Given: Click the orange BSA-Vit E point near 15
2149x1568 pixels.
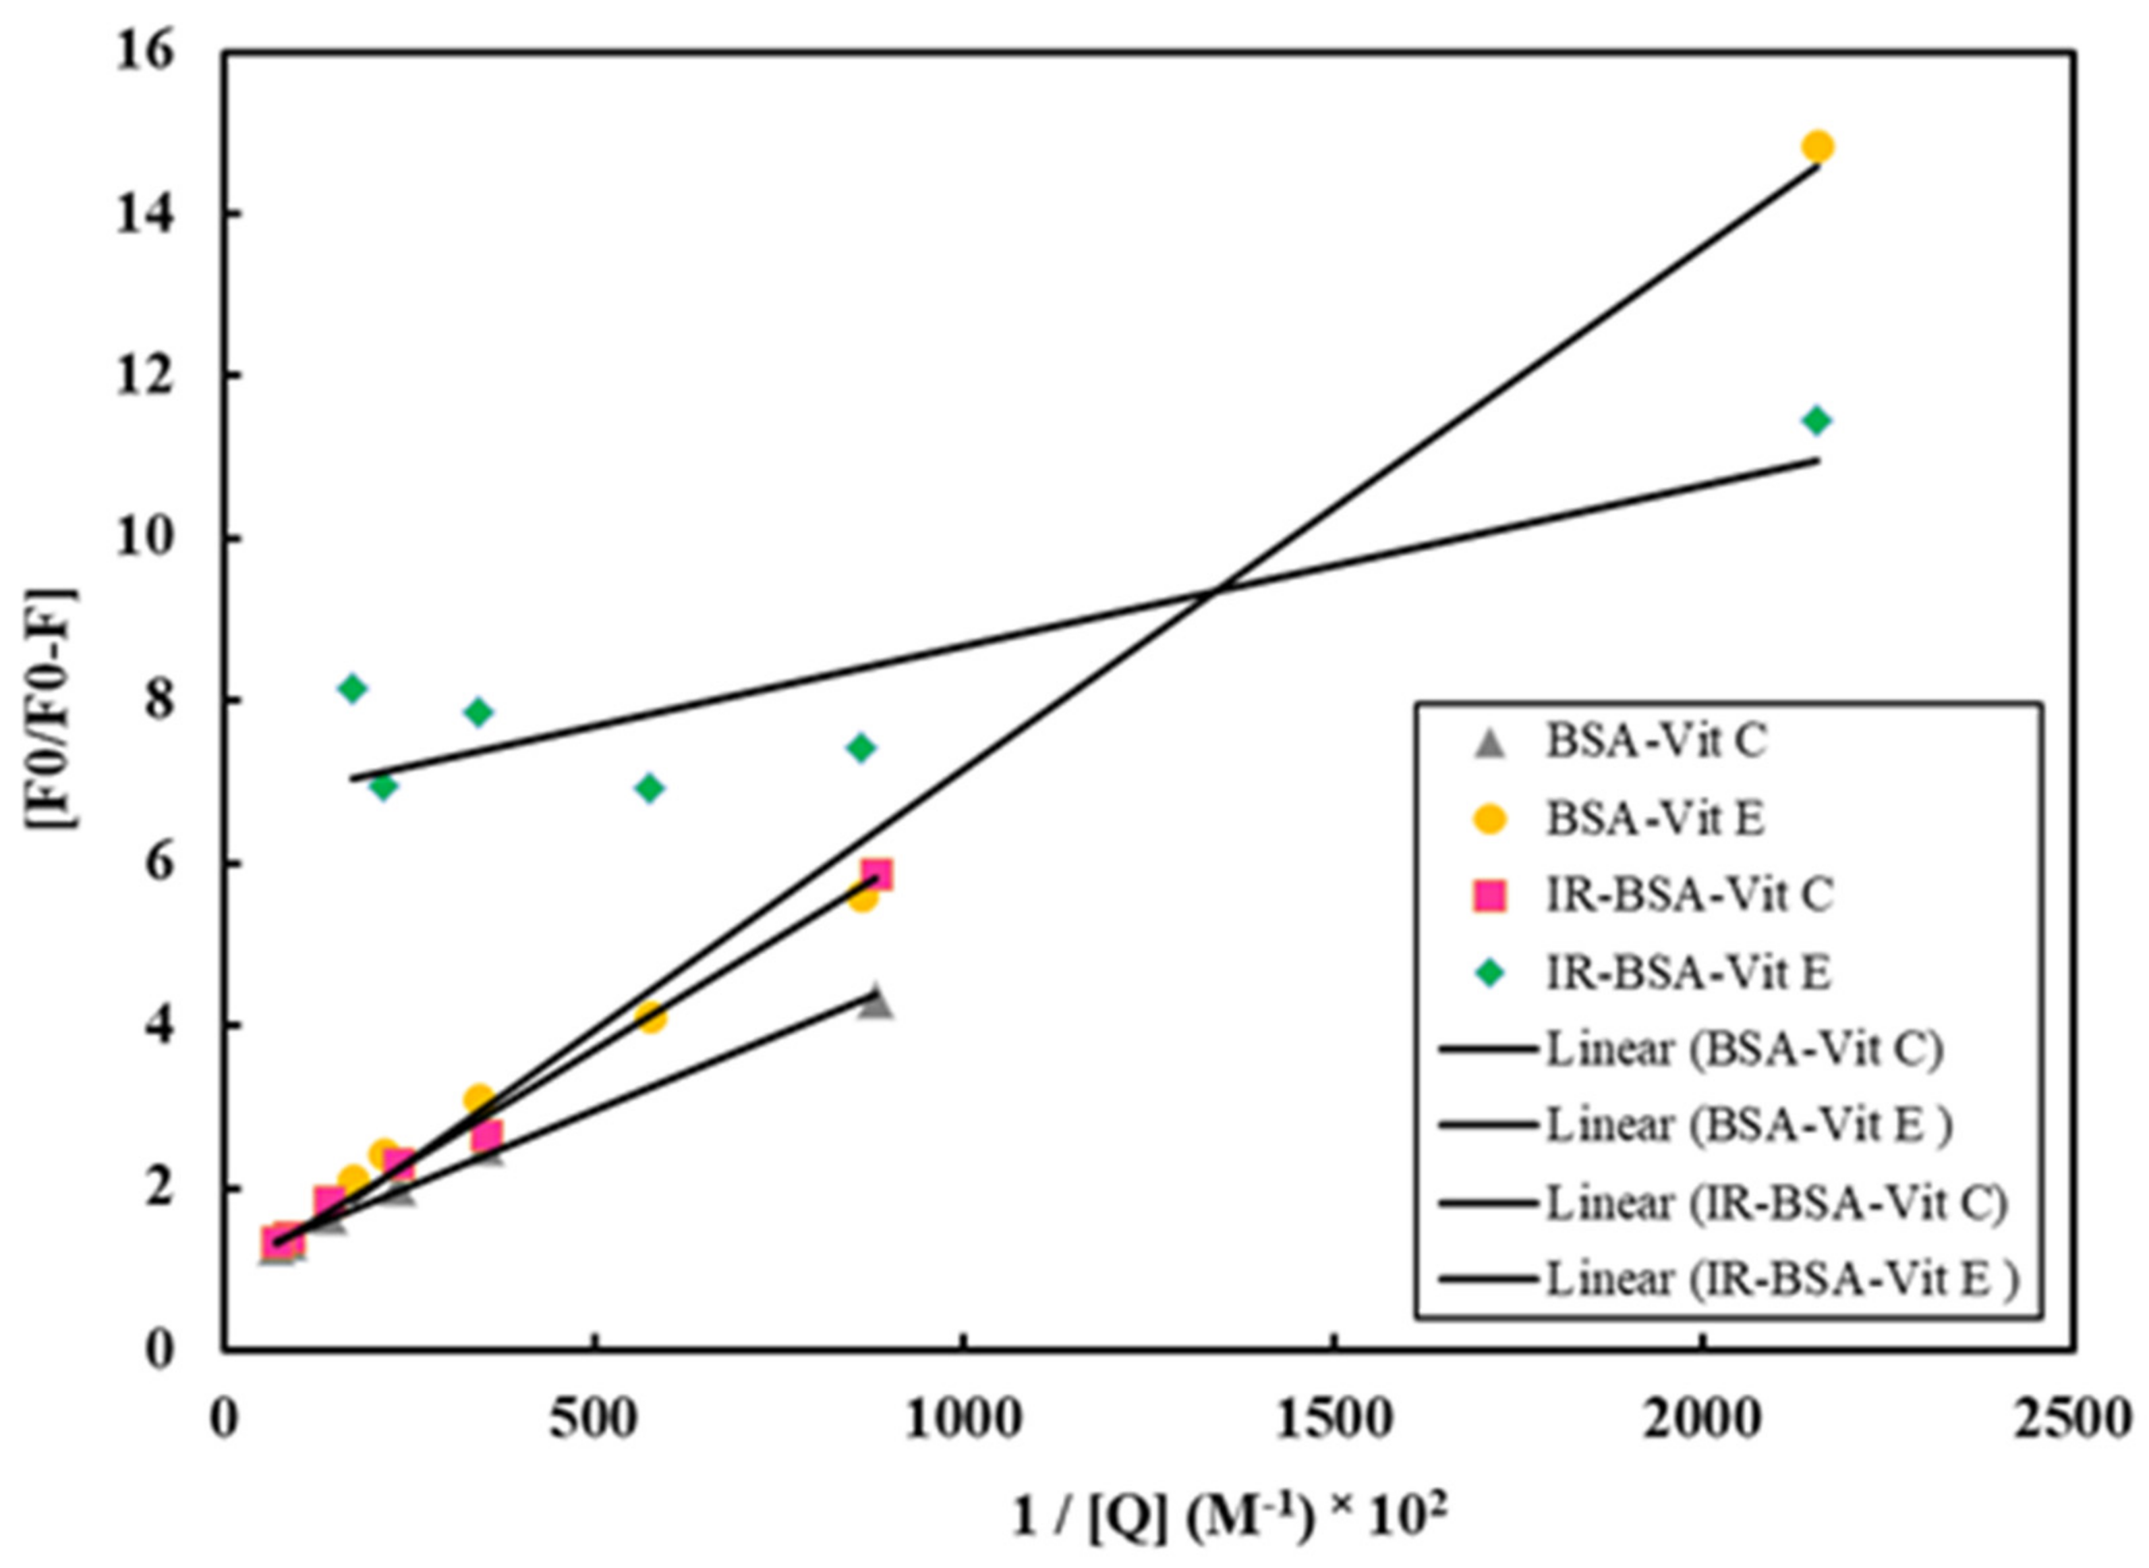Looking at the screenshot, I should [x=1816, y=147].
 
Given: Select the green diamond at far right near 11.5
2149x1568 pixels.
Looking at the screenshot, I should [x=1816, y=420].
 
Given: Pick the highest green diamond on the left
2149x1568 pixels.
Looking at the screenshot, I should [x=352, y=688].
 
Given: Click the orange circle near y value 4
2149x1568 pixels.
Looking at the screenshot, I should [x=651, y=1018].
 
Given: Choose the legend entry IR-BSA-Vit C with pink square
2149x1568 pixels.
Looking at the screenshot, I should [x=1689, y=895].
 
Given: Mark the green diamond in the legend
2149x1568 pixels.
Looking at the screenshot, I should [x=1491, y=972].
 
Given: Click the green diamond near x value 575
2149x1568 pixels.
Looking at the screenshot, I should [x=650, y=788].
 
